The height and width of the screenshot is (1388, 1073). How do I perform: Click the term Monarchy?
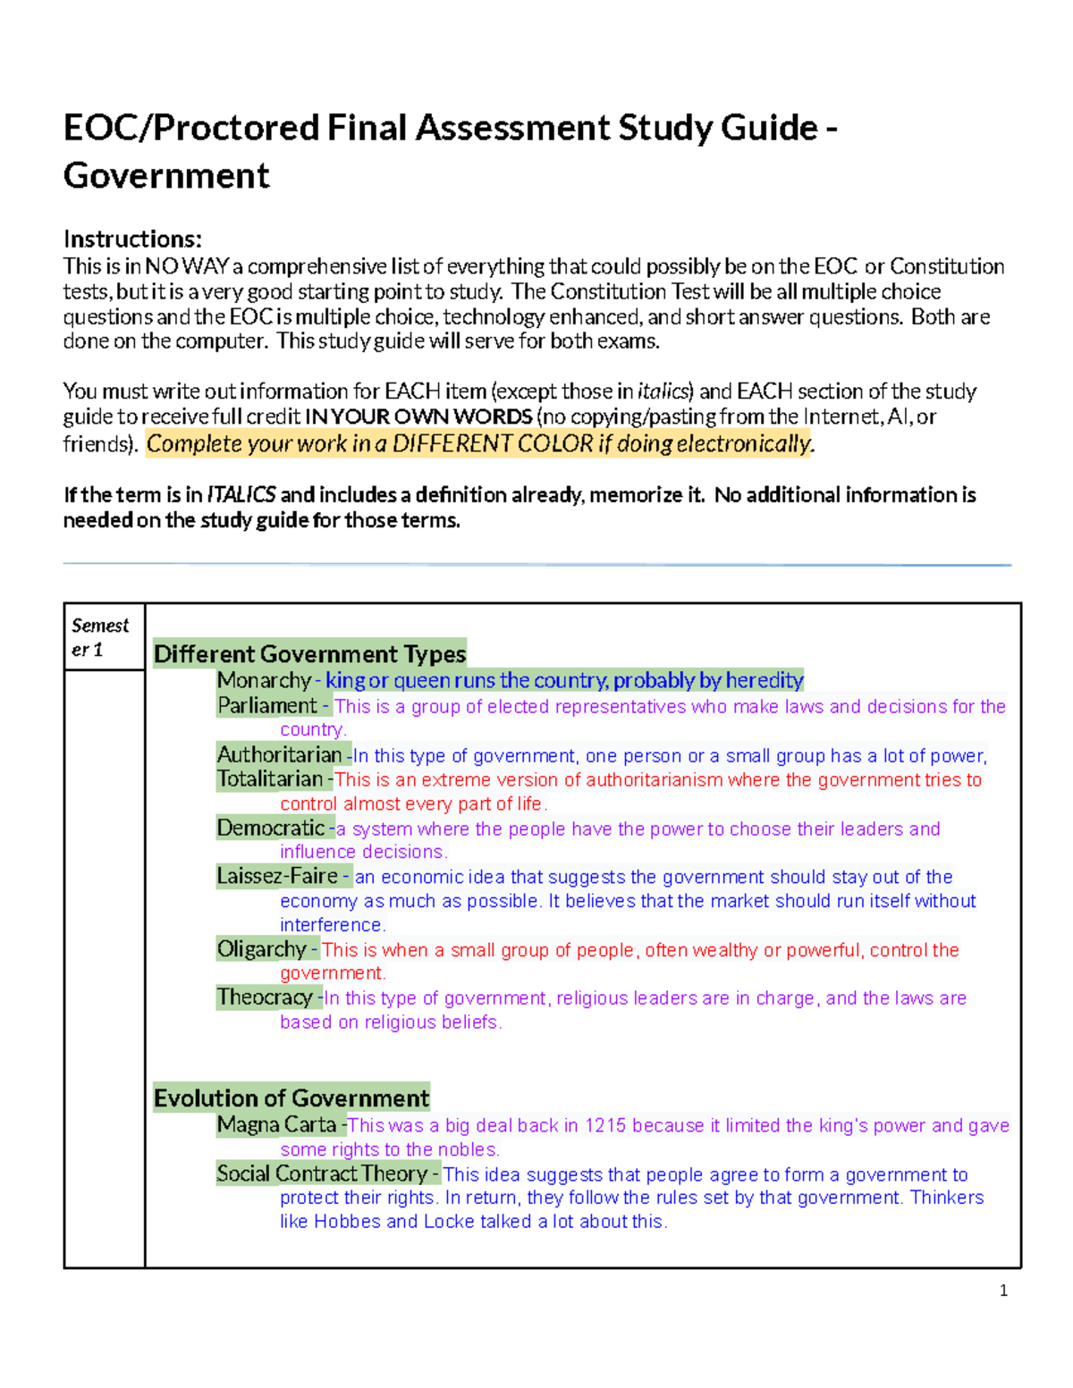(x=263, y=681)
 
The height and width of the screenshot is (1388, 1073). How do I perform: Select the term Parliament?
(x=266, y=706)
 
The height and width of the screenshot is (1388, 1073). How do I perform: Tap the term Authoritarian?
(x=279, y=755)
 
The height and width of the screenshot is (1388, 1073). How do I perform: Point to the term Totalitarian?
(x=269, y=779)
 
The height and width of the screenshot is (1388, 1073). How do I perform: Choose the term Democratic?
(x=270, y=829)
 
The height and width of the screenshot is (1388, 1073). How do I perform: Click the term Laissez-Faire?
(x=277, y=877)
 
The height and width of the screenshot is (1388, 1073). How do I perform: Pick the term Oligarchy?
(x=261, y=949)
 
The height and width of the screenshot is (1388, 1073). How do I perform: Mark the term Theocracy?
(x=265, y=997)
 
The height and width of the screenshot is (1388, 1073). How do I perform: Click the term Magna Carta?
(x=276, y=1125)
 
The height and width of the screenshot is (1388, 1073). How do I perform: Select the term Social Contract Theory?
(x=322, y=1173)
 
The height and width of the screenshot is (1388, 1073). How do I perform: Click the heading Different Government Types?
(x=309, y=654)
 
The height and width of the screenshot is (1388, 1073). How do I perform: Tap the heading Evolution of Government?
(x=291, y=1098)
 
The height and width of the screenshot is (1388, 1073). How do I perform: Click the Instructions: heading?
(x=132, y=240)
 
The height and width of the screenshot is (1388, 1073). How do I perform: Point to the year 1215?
(x=604, y=1126)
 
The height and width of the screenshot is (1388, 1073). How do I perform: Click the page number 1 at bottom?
(x=1003, y=1291)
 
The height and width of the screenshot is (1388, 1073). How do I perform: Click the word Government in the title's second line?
(x=166, y=176)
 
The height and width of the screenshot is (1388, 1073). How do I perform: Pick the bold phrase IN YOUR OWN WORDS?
(x=418, y=416)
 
